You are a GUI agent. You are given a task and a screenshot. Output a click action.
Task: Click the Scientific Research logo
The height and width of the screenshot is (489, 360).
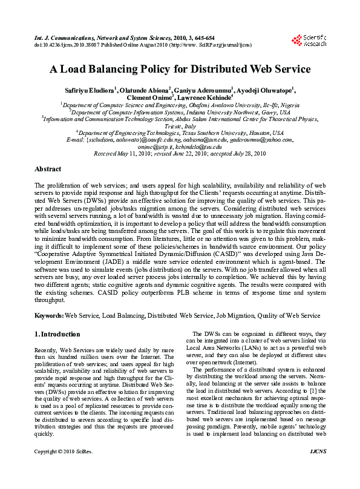309,40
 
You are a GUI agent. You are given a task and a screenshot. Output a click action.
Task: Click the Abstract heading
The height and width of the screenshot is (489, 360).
48,169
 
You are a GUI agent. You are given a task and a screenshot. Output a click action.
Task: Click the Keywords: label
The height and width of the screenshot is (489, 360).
49,315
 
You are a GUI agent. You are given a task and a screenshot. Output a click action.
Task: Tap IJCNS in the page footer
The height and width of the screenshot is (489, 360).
318,468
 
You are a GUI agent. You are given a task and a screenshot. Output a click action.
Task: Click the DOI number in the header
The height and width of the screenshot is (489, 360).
66,44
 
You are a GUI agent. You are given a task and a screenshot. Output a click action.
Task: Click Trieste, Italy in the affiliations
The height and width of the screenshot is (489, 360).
180,126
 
